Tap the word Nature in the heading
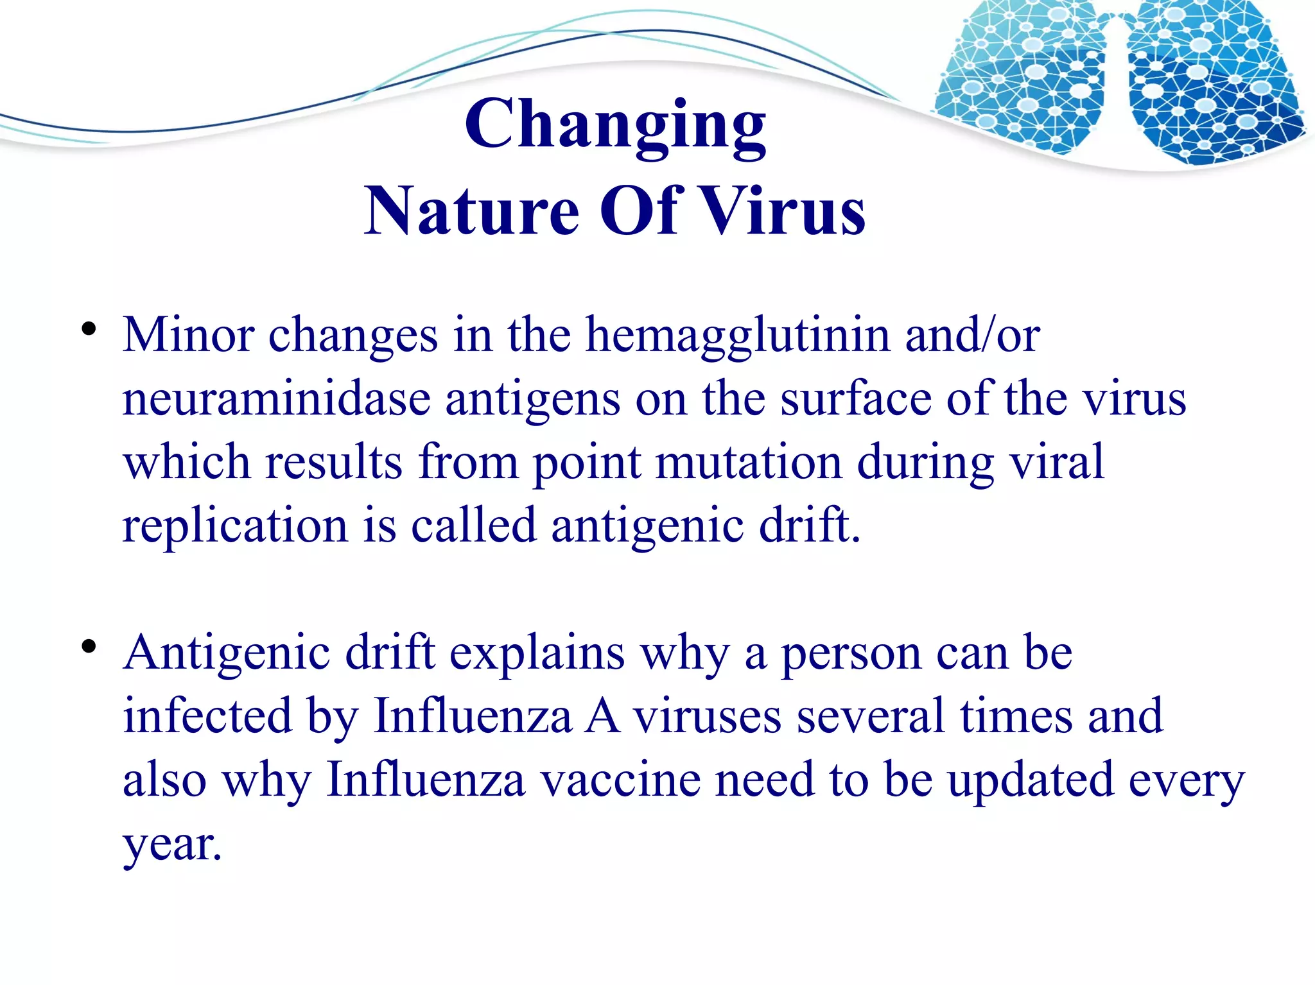point(472,211)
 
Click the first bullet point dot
point(89,330)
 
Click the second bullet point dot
point(89,646)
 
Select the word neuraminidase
point(276,399)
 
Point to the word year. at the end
point(172,846)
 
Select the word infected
point(207,716)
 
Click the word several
point(871,716)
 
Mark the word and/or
point(972,335)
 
